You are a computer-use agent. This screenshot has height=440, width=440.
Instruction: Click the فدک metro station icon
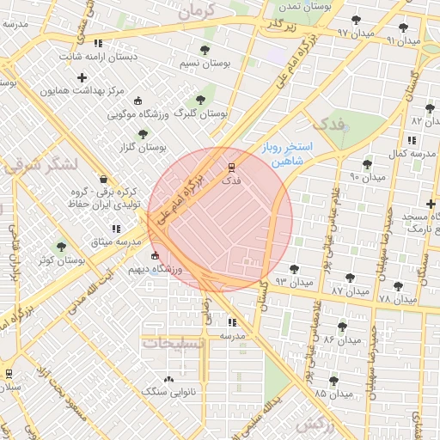click(230, 167)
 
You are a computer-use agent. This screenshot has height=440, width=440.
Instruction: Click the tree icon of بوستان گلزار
click(143, 133)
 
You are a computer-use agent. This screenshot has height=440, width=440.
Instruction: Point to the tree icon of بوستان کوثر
click(61, 247)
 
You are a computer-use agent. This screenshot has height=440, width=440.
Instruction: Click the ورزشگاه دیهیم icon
click(155, 256)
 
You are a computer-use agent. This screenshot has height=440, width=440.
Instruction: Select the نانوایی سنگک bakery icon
click(168, 378)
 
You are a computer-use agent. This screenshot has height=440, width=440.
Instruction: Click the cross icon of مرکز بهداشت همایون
click(82, 78)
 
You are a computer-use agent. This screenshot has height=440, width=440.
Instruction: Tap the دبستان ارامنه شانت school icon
click(98, 42)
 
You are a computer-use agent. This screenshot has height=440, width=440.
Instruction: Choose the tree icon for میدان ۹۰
click(367, 164)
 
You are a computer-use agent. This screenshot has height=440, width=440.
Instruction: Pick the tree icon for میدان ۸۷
click(349, 278)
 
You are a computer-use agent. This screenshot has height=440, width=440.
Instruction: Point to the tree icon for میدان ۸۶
click(342, 327)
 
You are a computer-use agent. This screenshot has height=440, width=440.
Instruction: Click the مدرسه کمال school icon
click(412, 139)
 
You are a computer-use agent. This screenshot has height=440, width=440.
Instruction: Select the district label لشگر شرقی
click(41, 163)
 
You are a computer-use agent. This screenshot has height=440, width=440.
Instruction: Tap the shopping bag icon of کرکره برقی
click(104, 180)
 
